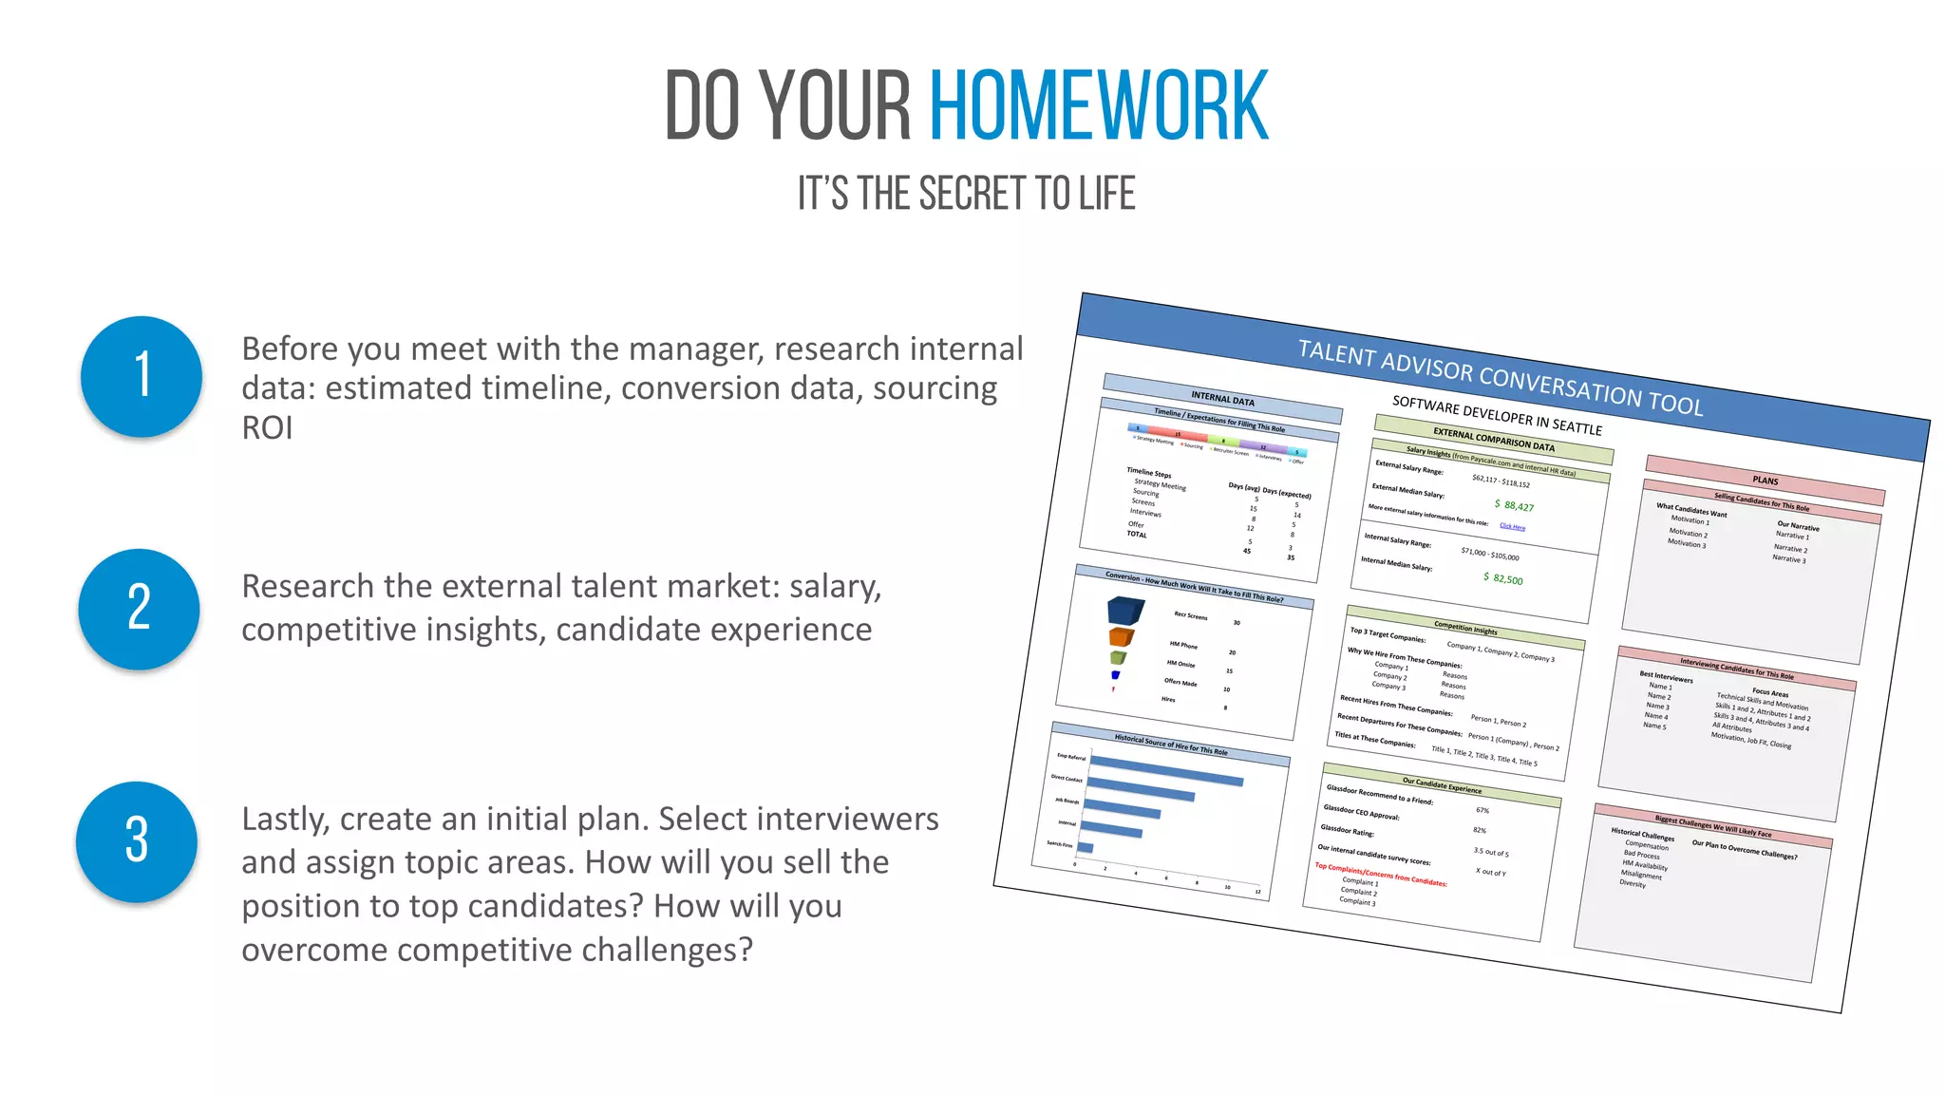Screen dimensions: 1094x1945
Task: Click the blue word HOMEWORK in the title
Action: (x=1098, y=105)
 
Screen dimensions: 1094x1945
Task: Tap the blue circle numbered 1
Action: (x=142, y=376)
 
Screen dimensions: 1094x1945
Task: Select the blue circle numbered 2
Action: (x=140, y=609)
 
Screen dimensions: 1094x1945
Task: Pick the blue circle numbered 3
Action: (x=137, y=841)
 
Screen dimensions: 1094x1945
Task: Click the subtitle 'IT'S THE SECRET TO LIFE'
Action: (x=966, y=194)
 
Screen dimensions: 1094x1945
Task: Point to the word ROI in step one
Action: (x=267, y=428)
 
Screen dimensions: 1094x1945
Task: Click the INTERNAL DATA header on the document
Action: (x=1222, y=399)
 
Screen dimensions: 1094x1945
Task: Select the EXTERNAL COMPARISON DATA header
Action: (x=1493, y=440)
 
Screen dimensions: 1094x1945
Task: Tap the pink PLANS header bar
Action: (x=1765, y=481)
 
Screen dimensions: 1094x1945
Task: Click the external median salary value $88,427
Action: (x=1515, y=505)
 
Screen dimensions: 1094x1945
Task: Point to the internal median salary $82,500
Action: (x=1503, y=578)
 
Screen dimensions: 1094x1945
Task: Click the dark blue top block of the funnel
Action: (x=1125, y=610)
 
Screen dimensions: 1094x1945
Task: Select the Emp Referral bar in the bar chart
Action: (x=1166, y=770)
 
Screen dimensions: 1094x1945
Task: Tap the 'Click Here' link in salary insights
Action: (x=1512, y=526)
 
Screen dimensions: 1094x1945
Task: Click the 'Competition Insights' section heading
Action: (x=1465, y=628)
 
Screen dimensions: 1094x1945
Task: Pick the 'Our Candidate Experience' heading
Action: (x=1442, y=784)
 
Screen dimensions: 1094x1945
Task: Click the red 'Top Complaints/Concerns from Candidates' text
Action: (x=1380, y=874)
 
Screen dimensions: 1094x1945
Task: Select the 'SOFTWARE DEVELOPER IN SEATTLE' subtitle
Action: (x=1497, y=415)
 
